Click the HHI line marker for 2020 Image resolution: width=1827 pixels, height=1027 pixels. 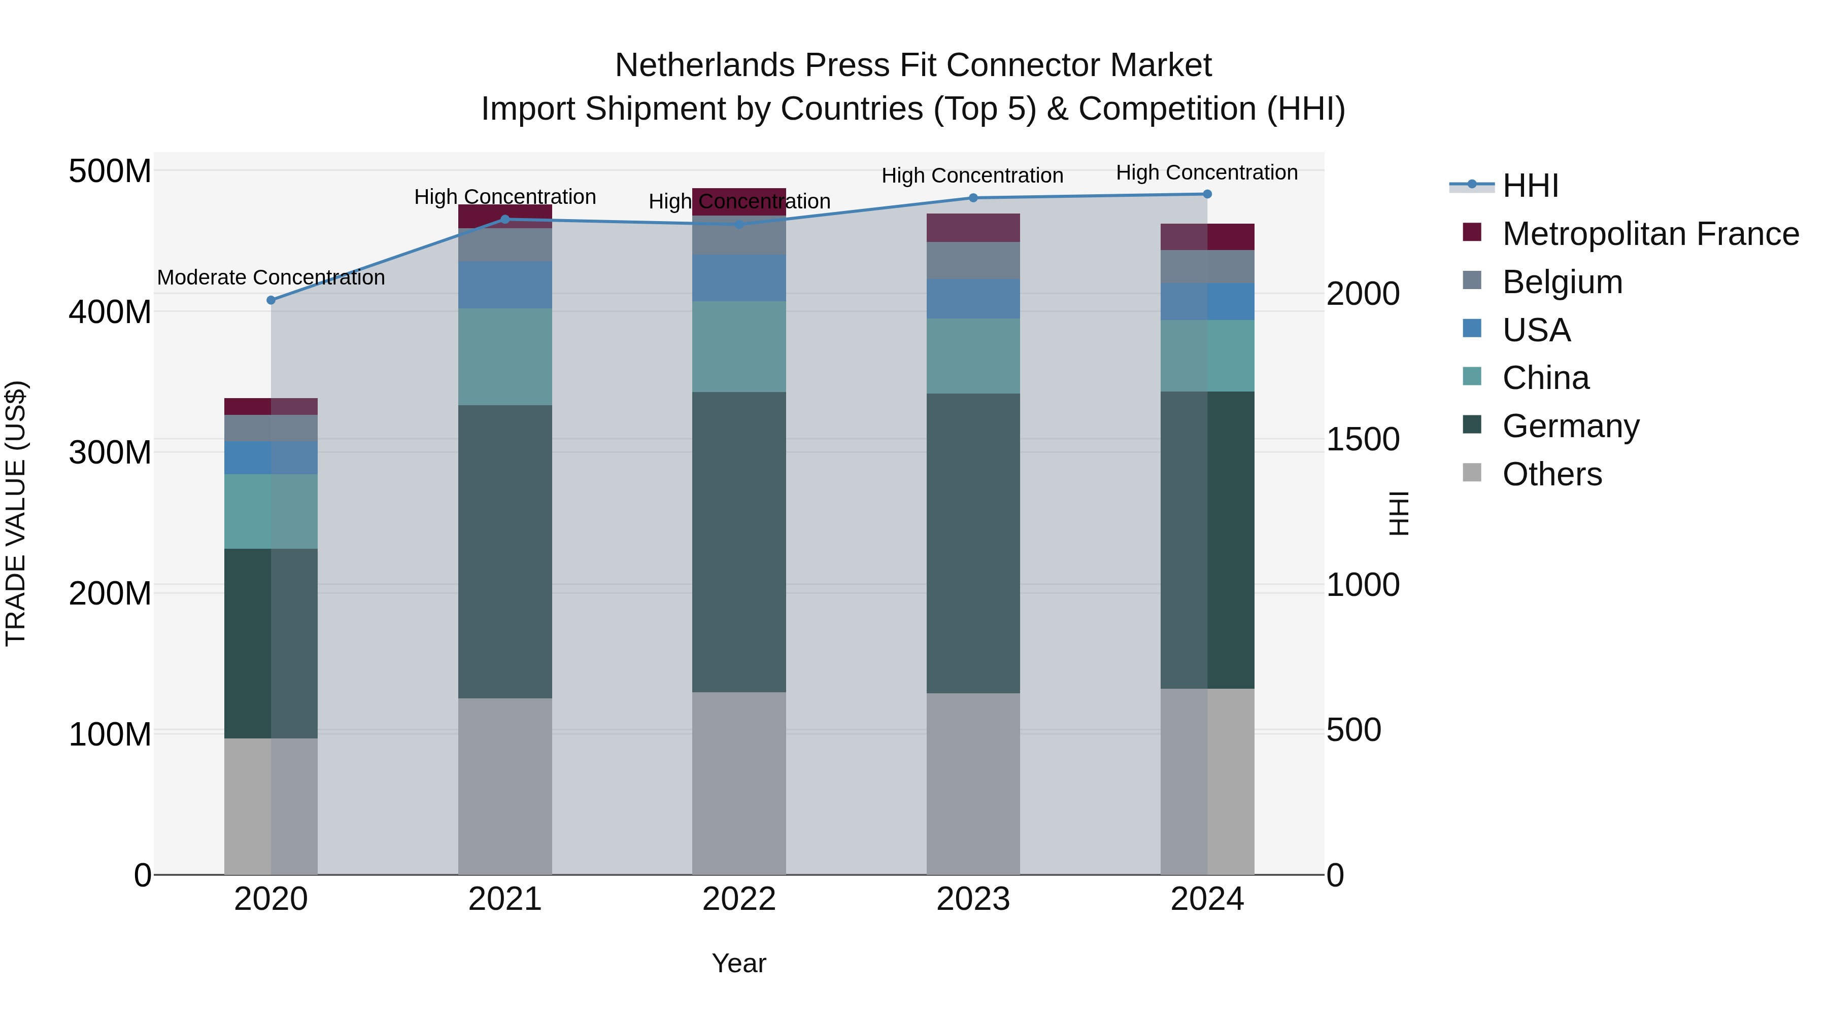271,300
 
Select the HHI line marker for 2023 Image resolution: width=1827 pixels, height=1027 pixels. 973,198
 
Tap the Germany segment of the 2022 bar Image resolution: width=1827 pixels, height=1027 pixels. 739,542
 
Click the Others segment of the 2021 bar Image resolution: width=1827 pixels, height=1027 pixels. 505,786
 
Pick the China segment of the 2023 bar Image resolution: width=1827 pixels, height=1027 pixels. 973,356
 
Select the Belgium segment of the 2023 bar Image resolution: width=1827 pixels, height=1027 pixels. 973,260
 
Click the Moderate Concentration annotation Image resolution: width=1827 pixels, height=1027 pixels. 271,277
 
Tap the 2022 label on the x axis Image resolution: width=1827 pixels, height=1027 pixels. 739,899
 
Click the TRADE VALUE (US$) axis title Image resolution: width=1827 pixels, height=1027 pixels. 16,513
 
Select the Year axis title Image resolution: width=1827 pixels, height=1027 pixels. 739,963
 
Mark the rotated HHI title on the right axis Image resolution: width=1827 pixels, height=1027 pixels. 1398,513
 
